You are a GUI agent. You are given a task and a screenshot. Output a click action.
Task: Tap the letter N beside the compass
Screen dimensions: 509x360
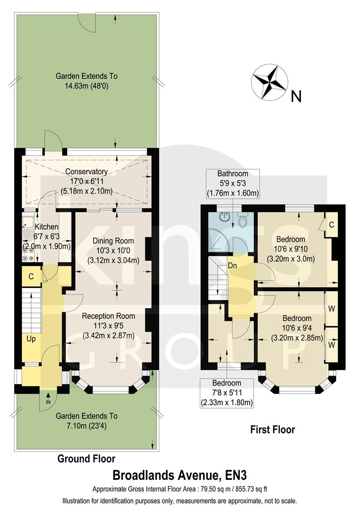(x=296, y=97)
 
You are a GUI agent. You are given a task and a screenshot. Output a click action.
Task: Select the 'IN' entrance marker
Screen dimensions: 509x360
(x=48, y=402)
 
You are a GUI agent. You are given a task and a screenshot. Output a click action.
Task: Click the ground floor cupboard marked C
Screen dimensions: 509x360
(x=31, y=277)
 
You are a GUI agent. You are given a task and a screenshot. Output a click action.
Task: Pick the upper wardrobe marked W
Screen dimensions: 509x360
(x=332, y=309)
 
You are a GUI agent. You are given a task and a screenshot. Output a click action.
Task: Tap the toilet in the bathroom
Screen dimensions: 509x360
(x=243, y=221)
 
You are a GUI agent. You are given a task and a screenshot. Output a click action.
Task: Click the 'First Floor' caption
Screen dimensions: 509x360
(x=272, y=429)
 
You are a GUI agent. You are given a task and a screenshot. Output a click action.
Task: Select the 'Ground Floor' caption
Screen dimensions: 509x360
(x=86, y=459)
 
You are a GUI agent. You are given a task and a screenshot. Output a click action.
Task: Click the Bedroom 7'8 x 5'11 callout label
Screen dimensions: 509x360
(x=227, y=393)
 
